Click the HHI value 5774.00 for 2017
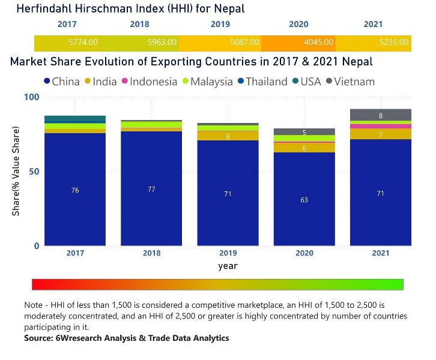coord(83,43)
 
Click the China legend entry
coord(61,82)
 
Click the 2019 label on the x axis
coord(228,253)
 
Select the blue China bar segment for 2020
coord(304,199)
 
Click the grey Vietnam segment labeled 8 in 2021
coord(380,115)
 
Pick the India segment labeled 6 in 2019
coord(228,136)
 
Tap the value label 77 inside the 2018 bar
coord(151,190)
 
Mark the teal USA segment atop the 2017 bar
coord(75,118)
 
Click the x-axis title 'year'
coord(228,265)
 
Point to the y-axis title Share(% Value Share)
coord(17,172)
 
